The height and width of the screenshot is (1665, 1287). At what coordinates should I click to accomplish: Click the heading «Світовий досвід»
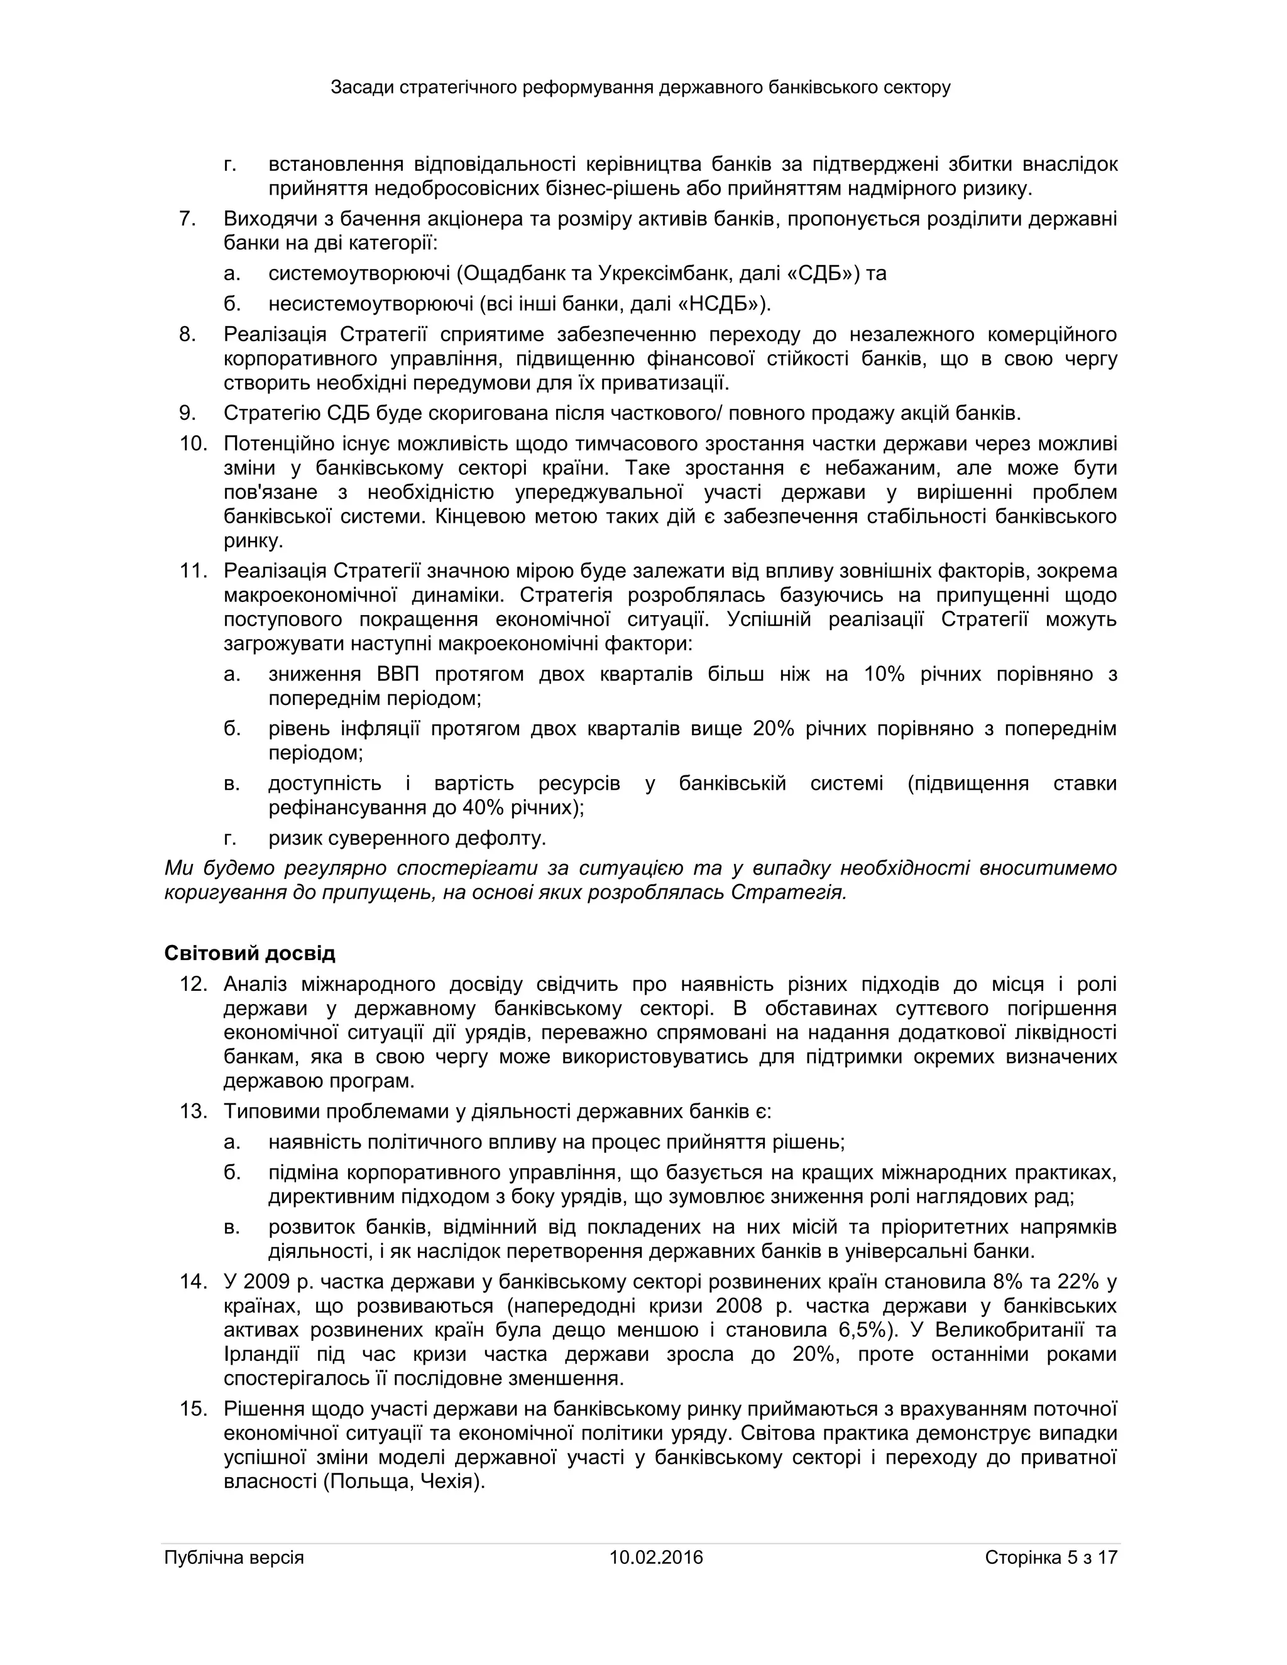(249, 953)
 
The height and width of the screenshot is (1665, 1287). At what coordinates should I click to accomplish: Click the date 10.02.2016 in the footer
(655, 1557)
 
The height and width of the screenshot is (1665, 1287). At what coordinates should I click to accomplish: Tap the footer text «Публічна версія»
(234, 1557)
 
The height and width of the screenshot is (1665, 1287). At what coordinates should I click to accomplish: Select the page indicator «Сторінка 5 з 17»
(1051, 1557)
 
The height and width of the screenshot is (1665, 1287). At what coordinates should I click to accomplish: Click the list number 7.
(187, 219)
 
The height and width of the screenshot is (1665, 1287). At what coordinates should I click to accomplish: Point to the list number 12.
(194, 983)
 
